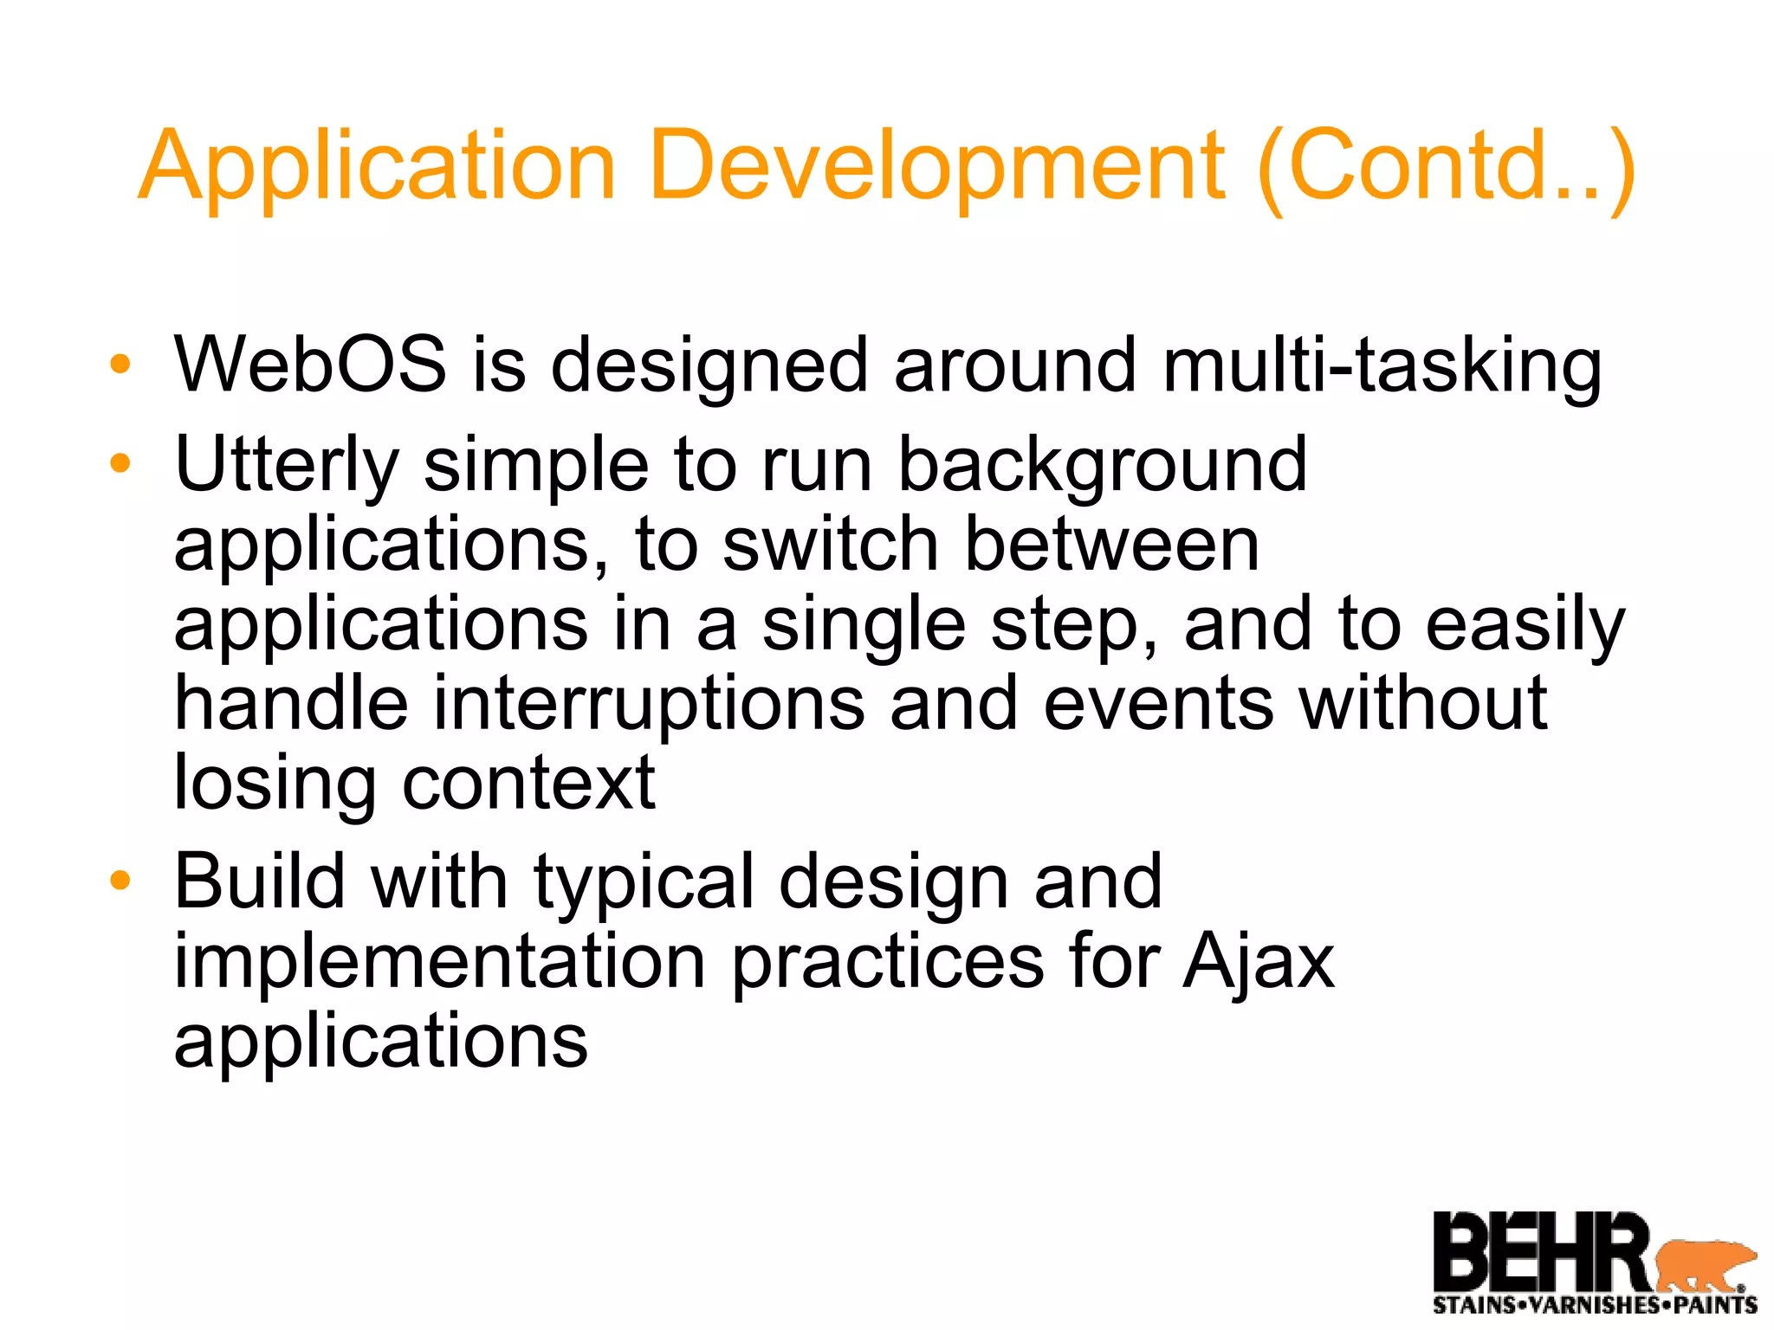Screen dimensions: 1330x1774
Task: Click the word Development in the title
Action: [936, 166]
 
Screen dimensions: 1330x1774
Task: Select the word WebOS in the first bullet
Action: [310, 365]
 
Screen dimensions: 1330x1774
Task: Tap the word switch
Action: [831, 545]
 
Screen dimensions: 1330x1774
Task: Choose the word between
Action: [1111, 545]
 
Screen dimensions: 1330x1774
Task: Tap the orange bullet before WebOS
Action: [120, 364]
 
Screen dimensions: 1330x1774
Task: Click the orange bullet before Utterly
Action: [120, 463]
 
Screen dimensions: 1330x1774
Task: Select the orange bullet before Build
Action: [120, 881]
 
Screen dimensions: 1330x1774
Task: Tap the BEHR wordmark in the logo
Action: [1542, 1252]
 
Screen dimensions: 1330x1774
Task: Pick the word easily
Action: [1525, 625]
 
